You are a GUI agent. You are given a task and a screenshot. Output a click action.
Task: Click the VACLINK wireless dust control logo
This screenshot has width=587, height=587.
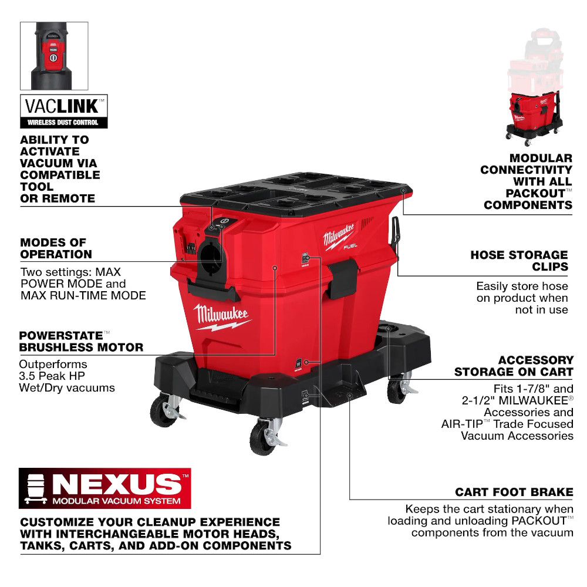[x=63, y=111]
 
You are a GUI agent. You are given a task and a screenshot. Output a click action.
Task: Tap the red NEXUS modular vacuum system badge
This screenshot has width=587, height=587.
[x=105, y=488]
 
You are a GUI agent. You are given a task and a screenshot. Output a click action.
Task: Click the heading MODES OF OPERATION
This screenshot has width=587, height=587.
[x=56, y=248]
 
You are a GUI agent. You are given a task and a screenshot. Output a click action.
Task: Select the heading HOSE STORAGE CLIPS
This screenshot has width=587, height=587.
[x=519, y=261]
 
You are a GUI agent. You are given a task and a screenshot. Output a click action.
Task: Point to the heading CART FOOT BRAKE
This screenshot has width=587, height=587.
[x=514, y=492]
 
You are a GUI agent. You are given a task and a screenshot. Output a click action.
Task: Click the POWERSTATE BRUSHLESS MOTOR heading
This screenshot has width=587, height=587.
[x=81, y=341]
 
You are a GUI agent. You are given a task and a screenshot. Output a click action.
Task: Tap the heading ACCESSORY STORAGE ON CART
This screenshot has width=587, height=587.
[x=514, y=366]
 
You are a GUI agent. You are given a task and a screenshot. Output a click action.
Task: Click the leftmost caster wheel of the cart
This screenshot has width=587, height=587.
[x=164, y=411]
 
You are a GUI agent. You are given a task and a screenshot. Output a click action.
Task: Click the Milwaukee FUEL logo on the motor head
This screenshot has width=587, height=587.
[x=340, y=237]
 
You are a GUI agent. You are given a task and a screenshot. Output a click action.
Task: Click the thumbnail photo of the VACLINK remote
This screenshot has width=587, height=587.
[x=54, y=56]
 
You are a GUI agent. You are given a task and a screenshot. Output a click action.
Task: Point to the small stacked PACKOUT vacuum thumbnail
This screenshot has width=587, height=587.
[x=535, y=86]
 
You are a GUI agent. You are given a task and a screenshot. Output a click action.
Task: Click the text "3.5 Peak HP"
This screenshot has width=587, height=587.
[x=52, y=376]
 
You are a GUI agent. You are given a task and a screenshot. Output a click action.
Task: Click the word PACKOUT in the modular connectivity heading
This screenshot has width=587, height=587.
[x=535, y=193]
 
